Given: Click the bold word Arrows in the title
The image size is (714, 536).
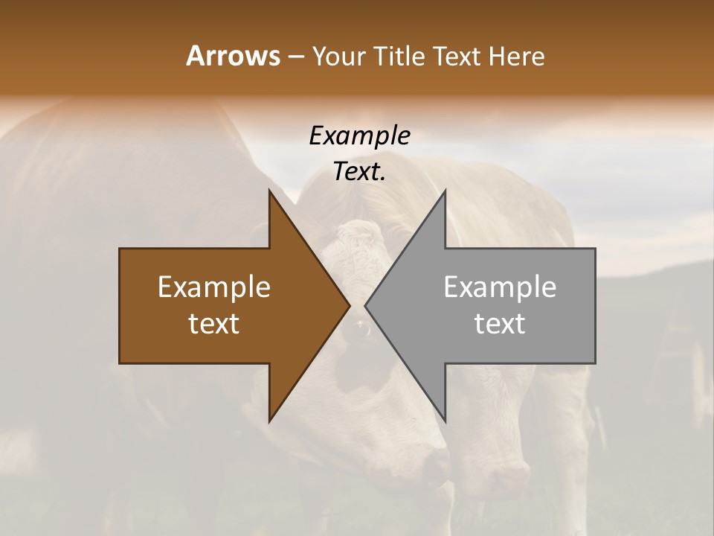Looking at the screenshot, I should pyautogui.click(x=233, y=56).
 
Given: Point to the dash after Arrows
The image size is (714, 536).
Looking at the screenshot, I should pyautogui.click(x=295, y=57).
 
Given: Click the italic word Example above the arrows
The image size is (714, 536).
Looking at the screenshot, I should pyautogui.click(x=359, y=135).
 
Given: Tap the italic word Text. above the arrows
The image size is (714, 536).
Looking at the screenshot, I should pyautogui.click(x=359, y=171).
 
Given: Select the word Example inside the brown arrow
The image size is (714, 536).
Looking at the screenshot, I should pyautogui.click(x=214, y=287).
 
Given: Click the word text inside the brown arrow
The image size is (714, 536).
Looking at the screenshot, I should pyautogui.click(x=214, y=323).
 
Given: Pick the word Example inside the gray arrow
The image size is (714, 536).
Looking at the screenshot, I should pyautogui.click(x=500, y=287).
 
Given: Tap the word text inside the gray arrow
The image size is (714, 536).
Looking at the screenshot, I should pyautogui.click(x=500, y=323).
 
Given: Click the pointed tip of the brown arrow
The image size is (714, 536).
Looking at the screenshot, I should pyautogui.click(x=350, y=305).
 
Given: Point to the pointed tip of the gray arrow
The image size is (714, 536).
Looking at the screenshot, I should pyautogui.click(x=365, y=305).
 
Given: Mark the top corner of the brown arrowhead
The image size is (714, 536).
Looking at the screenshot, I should pyautogui.click(x=269, y=190).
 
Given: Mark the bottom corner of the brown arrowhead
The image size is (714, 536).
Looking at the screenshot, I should pyautogui.click(x=269, y=421).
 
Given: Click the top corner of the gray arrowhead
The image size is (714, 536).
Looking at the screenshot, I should pyautogui.click(x=445, y=190).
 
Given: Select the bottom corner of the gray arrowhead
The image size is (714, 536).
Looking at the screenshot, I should pyautogui.click(x=445, y=421).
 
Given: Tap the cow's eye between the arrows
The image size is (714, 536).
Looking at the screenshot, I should pyautogui.click(x=362, y=325).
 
